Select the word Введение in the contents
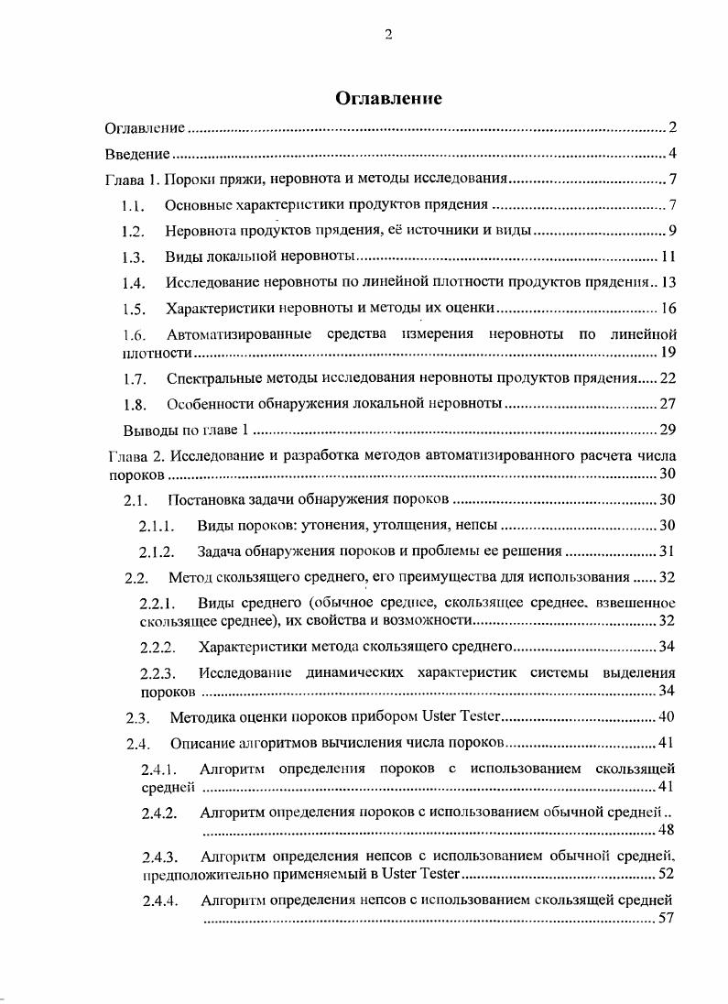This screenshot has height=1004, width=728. click(137, 153)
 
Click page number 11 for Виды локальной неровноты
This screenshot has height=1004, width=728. click(668, 256)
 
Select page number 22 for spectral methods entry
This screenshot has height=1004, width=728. click(667, 377)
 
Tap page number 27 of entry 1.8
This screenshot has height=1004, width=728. click(667, 403)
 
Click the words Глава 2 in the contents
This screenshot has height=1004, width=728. click(134, 456)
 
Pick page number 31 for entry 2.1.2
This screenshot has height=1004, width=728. click(667, 551)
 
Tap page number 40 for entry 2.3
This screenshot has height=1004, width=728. click(667, 716)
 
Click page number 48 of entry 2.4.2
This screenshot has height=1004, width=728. click(667, 830)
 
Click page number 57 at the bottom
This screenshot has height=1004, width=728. click(667, 919)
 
